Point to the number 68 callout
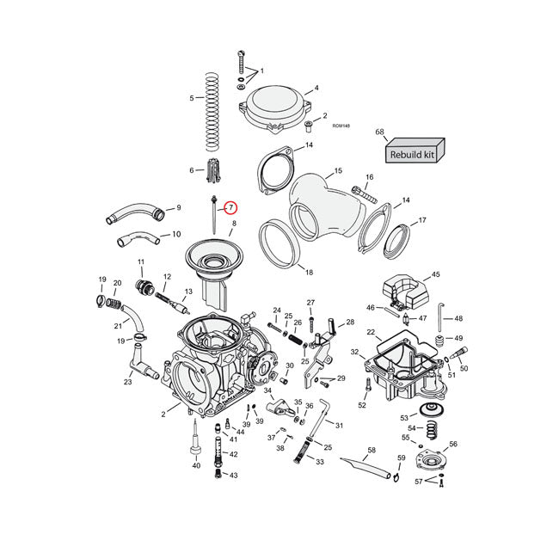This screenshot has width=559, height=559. [379, 132]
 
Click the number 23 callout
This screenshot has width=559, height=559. [127, 383]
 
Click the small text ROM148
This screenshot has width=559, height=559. [341, 126]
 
